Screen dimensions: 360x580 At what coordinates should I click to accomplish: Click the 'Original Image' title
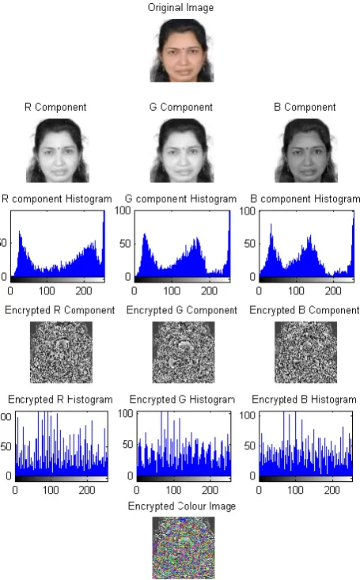pyautogui.click(x=180, y=8)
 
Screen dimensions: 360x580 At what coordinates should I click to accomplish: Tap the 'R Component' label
pyautogui.click(x=55, y=108)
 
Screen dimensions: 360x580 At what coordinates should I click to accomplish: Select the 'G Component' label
pyautogui.click(x=181, y=108)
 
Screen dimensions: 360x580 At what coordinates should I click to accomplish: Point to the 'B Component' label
pyautogui.click(x=305, y=108)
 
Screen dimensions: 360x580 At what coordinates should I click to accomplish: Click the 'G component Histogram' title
pyautogui.click(x=180, y=199)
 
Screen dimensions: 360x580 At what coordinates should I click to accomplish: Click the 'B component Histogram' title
pyautogui.click(x=305, y=199)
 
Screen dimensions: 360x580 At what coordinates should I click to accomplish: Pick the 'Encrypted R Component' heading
pyautogui.click(x=59, y=310)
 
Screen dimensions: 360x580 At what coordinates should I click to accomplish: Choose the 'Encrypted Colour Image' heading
pyautogui.click(x=182, y=506)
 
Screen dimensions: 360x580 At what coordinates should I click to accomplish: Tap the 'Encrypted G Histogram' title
pyautogui.click(x=182, y=400)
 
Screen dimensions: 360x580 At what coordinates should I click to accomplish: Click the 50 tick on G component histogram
pyautogui.click(x=125, y=244)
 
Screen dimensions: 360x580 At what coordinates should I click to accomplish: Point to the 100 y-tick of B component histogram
pyautogui.click(x=247, y=211)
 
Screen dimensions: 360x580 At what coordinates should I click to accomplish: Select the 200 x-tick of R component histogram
pyautogui.click(x=84, y=290)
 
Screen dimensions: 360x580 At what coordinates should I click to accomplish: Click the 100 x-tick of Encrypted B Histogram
pyautogui.click(x=295, y=490)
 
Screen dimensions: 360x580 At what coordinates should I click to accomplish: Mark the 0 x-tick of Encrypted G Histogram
pyautogui.click(x=137, y=490)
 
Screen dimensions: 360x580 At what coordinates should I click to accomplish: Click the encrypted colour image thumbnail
pyautogui.click(x=184, y=548)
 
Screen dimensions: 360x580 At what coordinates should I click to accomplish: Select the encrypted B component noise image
pyautogui.click(x=305, y=352)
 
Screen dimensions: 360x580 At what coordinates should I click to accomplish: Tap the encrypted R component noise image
pyautogui.click(x=61, y=352)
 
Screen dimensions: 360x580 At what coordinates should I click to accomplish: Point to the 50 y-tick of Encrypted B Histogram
pyautogui.click(x=250, y=445)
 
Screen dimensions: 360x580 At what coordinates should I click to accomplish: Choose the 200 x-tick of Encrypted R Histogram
pyautogui.click(x=87, y=490)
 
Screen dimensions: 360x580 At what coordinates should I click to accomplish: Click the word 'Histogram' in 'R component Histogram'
pyautogui.click(x=89, y=199)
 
